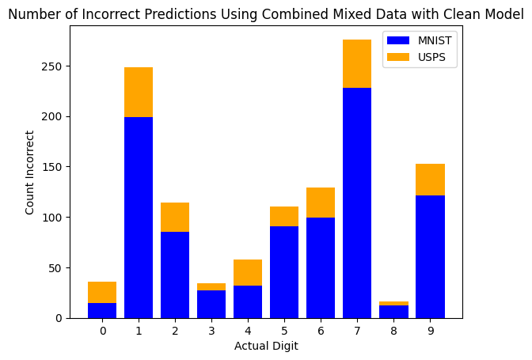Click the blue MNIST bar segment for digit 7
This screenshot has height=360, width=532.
(357, 203)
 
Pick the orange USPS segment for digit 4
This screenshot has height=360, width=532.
(248, 272)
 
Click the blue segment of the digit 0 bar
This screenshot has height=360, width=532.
(102, 310)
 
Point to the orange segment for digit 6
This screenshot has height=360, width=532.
(321, 203)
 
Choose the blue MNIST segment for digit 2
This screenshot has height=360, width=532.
(175, 275)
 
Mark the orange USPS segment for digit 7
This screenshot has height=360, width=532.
(357, 63)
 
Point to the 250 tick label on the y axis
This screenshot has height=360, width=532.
(54, 66)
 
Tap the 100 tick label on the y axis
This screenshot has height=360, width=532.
(54, 218)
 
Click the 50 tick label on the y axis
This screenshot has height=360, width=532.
(56, 267)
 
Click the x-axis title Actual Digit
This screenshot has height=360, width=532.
(266, 347)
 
